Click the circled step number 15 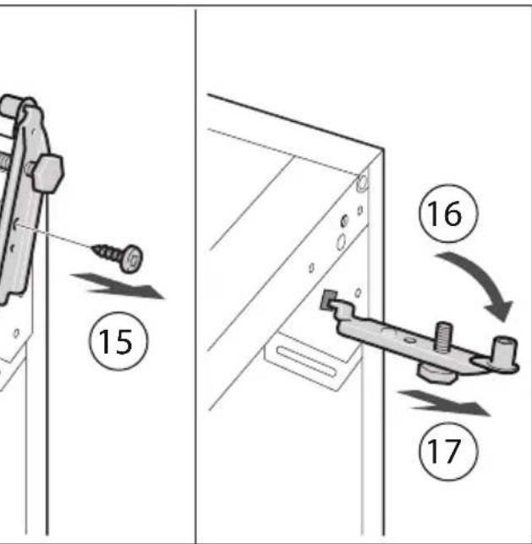pyautogui.click(x=118, y=341)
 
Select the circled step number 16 pyautogui.click(x=448, y=213)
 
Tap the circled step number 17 pyautogui.click(x=448, y=452)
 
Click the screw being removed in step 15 pyautogui.click(x=118, y=256)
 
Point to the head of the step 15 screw pyautogui.click(x=132, y=259)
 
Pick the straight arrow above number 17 pyautogui.click(x=444, y=403)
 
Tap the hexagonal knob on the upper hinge pyautogui.click(x=48, y=173)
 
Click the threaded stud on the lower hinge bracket pyautogui.click(x=443, y=338)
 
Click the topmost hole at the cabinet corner pyautogui.click(x=362, y=182)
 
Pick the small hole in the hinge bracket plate pyautogui.click(x=409, y=340)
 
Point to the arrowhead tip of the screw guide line pyautogui.click(x=14, y=225)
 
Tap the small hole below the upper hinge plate pyautogui.click(x=16, y=333)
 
